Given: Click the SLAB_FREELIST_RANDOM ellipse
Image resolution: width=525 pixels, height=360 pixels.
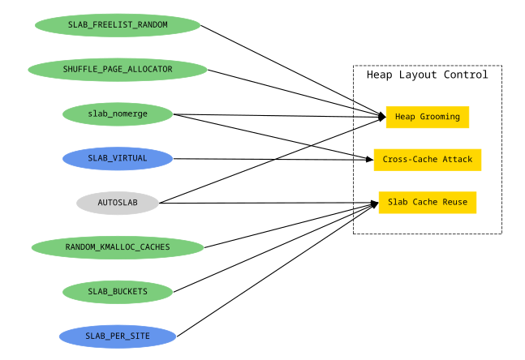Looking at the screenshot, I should pyautogui.click(x=118, y=25).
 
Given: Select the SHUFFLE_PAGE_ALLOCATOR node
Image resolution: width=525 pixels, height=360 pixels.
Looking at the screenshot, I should pyautogui.click(x=118, y=70).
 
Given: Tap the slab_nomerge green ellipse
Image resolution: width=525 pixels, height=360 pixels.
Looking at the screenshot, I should pyautogui.click(x=118, y=114).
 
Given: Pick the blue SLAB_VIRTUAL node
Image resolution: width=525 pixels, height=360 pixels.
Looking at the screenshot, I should pyautogui.click(x=118, y=159).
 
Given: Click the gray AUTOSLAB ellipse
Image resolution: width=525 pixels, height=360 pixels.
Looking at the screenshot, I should pyautogui.click(x=118, y=203).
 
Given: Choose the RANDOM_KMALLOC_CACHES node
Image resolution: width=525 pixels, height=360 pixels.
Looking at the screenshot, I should pyautogui.click(x=118, y=247).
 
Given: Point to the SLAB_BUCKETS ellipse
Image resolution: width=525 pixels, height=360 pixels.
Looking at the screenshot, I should pyautogui.click(x=118, y=291).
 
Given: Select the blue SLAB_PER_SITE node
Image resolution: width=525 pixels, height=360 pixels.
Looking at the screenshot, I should pyautogui.click(x=118, y=336).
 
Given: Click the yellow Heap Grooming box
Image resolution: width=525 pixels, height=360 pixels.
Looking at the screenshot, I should pyautogui.click(x=427, y=117).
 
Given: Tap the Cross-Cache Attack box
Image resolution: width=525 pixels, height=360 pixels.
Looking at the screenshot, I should pyautogui.click(x=427, y=160).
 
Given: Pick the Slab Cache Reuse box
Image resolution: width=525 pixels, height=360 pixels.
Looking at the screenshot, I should pyautogui.click(x=427, y=202).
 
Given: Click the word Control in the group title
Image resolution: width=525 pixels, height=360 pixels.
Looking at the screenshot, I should pyautogui.click(x=466, y=75).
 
